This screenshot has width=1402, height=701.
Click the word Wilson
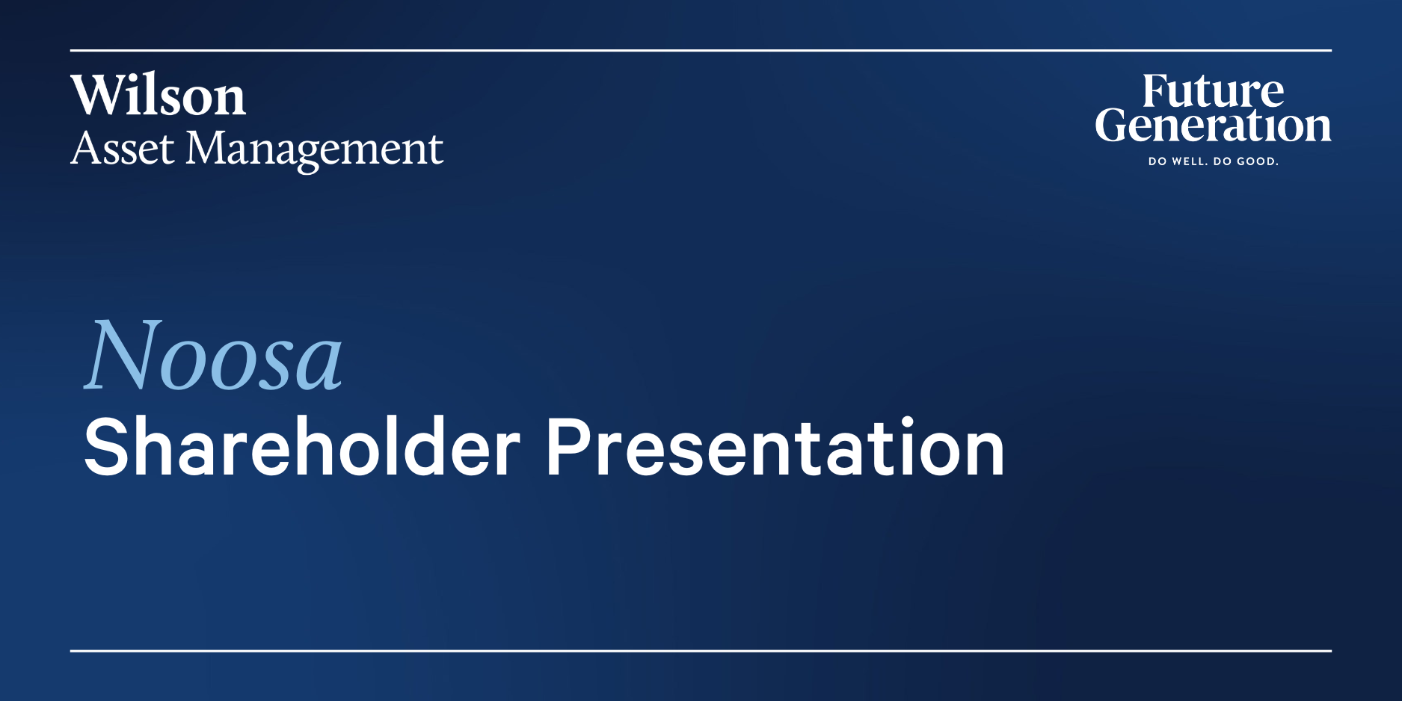(x=159, y=96)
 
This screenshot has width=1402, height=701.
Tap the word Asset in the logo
(x=123, y=148)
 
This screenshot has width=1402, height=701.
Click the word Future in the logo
(x=1213, y=91)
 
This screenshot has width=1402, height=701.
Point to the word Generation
(x=1213, y=125)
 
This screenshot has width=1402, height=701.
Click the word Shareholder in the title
(x=302, y=447)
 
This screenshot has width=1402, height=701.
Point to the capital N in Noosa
(x=123, y=355)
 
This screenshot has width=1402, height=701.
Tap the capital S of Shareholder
(x=108, y=447)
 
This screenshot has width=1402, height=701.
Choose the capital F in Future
(x=1157, y=91)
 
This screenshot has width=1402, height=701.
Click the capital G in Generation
(x=1113, y=125)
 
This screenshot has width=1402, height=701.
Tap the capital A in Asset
(x=85, y=148)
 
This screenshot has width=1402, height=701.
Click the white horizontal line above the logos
(x=701, y=50)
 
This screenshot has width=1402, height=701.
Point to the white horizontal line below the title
(x=701, y=651)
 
